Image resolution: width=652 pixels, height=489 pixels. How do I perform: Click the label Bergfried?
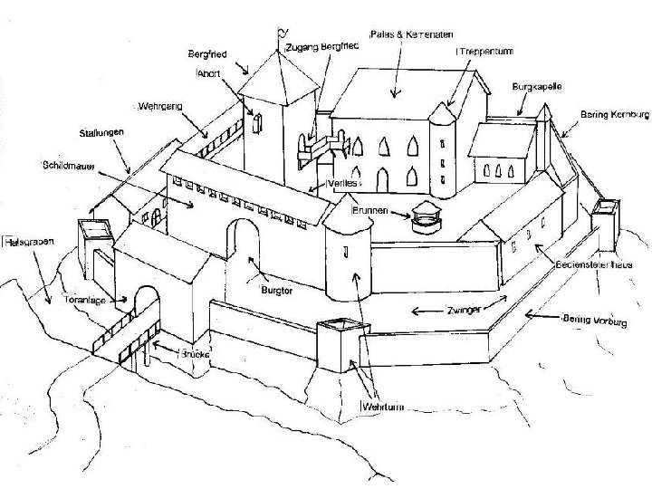(x=208, y=53)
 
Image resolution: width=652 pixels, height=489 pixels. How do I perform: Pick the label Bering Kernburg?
(x=615, y=115)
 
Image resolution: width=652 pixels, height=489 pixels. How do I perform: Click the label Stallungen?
(x=101, y=132)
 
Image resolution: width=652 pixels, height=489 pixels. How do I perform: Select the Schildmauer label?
(x=71, y=167)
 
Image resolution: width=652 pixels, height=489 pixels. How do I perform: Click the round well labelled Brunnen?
(x=425, y=218)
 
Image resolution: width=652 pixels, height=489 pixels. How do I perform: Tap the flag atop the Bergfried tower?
(x=281, y=35)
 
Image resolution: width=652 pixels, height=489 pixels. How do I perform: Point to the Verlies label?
(x=340, y=184)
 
